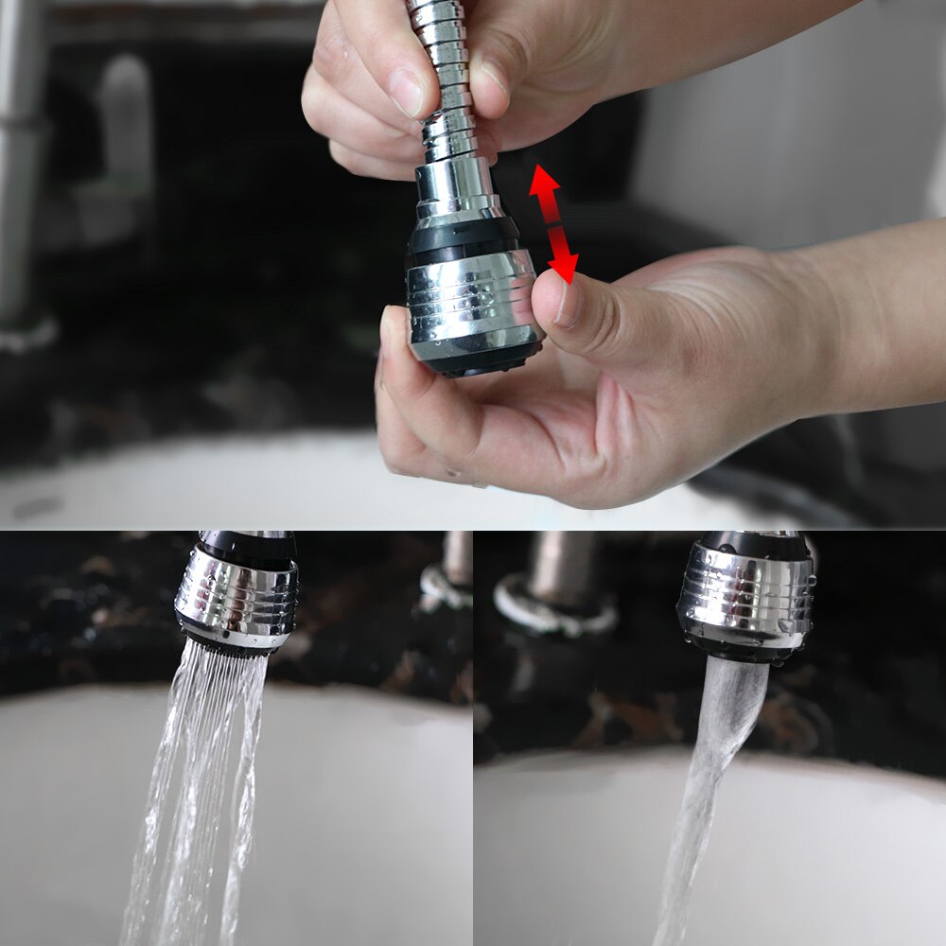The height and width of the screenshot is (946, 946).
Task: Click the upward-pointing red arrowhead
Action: pos(544,181)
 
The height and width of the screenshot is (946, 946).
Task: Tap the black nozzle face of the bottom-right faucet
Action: pos(747,648)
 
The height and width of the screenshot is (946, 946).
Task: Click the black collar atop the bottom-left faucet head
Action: pos(246,547)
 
